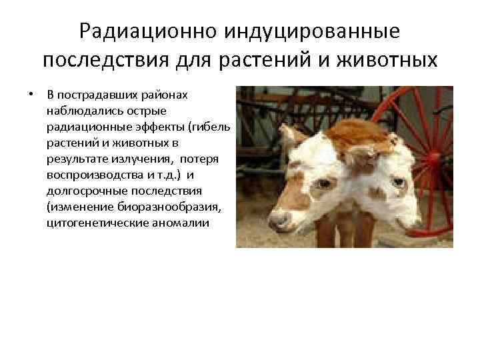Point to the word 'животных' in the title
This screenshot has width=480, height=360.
point(388,61)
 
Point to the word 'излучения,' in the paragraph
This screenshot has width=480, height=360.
point(132,158)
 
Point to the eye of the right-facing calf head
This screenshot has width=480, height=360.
point(399,182)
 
